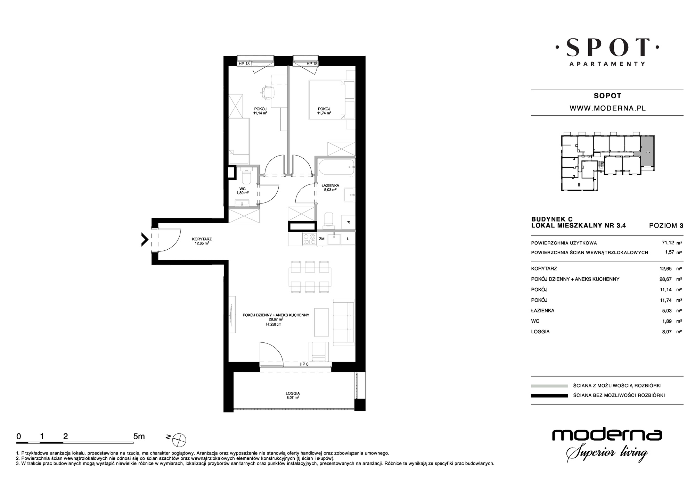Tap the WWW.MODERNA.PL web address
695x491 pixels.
coord(607,108)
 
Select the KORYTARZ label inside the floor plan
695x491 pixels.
coord(202,239)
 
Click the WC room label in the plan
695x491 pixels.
coord(243,189)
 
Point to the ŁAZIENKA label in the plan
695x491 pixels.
coord(330,185)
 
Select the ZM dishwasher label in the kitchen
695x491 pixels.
coord(321,239)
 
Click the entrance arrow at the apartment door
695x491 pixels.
coord(145,240)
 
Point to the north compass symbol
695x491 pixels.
coord(180,439)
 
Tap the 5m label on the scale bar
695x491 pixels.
coord(139,436)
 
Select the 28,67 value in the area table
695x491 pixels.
coord(667,279)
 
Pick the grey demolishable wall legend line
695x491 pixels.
coord(549,386)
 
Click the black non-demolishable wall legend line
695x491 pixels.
coord(549,396)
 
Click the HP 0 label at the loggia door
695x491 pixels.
coord(304,364)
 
